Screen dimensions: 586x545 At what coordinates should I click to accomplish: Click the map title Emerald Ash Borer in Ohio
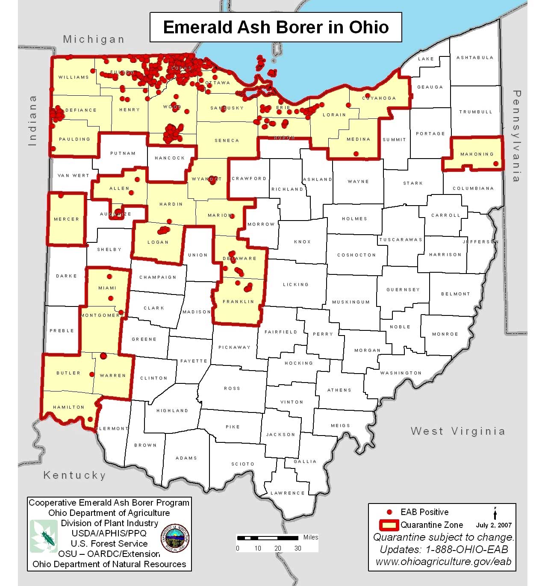click(276, 27)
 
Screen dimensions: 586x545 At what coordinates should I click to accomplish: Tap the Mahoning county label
click(477, 154)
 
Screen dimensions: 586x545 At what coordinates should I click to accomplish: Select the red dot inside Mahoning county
click(495, 164)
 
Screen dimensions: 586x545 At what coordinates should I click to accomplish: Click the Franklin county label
click(238, 302)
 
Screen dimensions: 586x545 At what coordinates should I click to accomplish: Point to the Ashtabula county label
click(474, 58)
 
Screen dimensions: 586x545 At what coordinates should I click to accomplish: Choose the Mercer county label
click(66, 219)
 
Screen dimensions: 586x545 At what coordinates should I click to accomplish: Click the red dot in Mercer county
click(61, 195)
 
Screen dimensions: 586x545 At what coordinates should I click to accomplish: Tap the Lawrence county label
click(287, 493)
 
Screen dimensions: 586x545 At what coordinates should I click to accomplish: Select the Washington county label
click(401, 373)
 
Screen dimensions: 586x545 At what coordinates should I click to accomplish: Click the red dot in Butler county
click(91, 374)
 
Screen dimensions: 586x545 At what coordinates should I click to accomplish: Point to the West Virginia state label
click(457, 431)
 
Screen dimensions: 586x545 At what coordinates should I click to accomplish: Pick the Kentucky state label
click(74, 475)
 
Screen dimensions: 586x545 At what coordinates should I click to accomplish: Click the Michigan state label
click(94, 39)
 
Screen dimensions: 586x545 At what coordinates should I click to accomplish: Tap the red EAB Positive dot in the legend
click(389, 512)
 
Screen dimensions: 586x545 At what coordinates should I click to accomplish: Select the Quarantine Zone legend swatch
click(389, 525)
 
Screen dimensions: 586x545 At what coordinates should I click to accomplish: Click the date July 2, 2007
click(493, 525)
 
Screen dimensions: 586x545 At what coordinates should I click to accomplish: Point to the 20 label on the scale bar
click(278, 548)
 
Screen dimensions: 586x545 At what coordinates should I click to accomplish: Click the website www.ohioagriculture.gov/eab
click(443, 562)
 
